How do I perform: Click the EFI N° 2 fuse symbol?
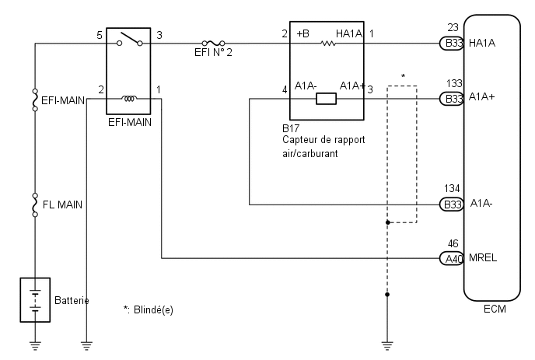tap(213, 43)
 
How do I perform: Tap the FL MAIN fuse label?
tap(62, 204)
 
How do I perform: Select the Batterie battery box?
tap(35, 300)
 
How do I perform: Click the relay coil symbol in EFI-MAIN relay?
tap(129, 98)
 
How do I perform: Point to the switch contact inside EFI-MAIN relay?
tap(130, 39)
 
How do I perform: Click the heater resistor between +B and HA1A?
tap(328, 44)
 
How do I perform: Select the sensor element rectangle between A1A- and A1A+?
tap(326, 99)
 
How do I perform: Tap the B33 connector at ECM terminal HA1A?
tap(451, 44)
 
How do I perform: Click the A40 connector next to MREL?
tap(451, 258)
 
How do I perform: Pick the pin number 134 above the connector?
tap(452, 188)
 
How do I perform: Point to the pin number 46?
tap(453, 243)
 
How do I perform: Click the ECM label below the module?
tap(495, 309)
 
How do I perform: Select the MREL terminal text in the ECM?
tap(483, 257)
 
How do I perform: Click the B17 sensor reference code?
tap(291, 128)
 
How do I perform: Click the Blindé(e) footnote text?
tap(153, 309)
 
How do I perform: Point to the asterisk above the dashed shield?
tap(403, 76)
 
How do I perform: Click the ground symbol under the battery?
tap(35, 346)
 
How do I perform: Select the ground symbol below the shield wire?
tap(387, 346)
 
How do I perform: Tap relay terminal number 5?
tap(100, 35)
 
